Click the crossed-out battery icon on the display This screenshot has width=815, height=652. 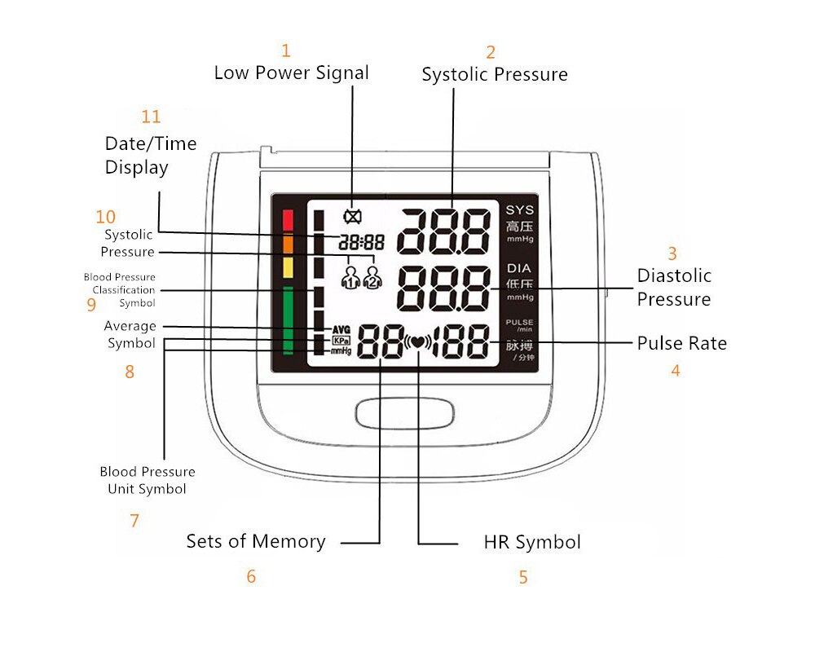353,217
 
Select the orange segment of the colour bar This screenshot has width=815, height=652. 287,244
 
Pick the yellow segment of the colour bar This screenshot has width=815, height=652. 287,267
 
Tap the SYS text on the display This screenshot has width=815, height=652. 519,210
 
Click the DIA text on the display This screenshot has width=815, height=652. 519,268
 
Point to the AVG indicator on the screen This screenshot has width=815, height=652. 341,329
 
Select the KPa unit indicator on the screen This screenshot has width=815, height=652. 341,340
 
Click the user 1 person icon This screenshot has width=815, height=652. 350,277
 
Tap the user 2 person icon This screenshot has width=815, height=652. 372,277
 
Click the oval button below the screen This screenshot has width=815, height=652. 404,412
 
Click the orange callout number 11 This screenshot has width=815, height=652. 151,117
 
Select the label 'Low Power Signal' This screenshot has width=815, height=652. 291,73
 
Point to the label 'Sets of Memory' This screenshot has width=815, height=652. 255,541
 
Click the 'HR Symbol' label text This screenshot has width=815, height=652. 531,542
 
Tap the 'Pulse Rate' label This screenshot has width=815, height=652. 681,343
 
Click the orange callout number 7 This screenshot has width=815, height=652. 134,521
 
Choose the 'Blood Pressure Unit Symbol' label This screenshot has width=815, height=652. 148,480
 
